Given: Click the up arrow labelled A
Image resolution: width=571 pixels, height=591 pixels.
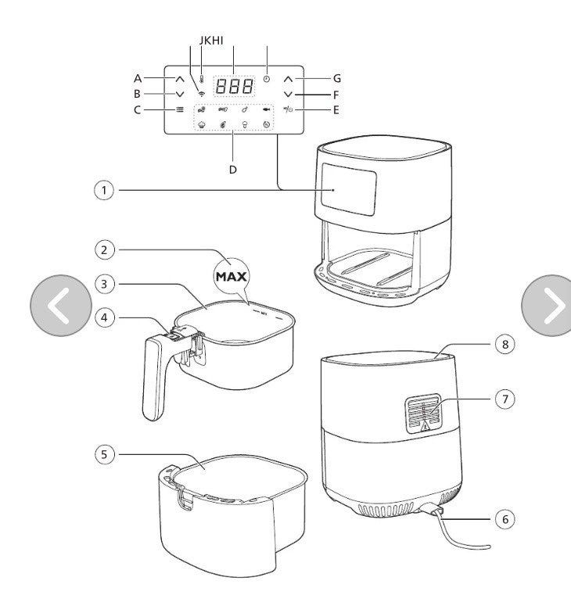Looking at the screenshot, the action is tap(180, 80).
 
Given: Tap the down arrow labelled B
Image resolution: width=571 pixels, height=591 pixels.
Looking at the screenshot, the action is tap(180, 94).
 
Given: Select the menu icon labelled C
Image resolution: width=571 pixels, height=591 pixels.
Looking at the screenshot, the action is tap(180, 109).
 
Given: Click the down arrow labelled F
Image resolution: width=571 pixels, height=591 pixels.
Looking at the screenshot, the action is tap(288, 95).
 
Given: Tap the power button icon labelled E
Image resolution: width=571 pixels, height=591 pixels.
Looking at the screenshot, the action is tap(289, 109).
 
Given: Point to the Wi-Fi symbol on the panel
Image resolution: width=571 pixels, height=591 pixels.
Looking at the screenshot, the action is tap(202, 94).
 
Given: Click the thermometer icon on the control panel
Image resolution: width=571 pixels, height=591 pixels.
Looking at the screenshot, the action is tap(202, 79).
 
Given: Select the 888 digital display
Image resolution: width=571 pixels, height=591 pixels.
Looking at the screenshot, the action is tap(234, 86).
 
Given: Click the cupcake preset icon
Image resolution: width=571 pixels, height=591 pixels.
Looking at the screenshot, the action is tap(202, 124).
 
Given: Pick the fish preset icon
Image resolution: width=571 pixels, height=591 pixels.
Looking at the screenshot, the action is tap(267, 109).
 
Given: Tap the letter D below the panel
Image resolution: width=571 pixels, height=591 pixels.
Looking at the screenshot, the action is tap(232, 170).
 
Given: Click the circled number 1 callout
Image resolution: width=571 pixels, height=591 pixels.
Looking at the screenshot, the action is tap(104, 190).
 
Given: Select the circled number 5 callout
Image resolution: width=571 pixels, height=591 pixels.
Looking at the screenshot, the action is tap(105, 454).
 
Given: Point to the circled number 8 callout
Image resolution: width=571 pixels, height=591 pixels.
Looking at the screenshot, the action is tap(505, 344).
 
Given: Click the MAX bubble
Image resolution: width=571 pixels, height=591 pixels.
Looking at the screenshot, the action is tap(232, 277).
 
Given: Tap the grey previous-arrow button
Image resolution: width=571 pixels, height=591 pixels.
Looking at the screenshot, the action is tap(61, 306).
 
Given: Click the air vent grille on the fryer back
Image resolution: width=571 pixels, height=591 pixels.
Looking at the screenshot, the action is tap(423, 414).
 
